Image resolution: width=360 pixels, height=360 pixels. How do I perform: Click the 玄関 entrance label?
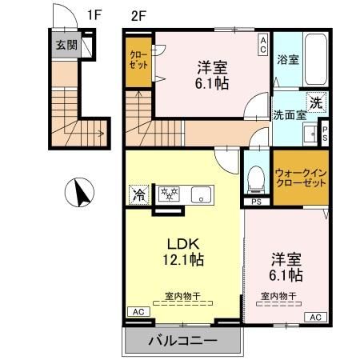66,45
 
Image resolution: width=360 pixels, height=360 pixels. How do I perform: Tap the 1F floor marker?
95,14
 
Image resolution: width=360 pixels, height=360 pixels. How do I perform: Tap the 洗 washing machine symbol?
317,102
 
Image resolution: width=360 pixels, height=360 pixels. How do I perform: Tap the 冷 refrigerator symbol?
139,194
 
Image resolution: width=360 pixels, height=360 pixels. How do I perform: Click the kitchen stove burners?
170,194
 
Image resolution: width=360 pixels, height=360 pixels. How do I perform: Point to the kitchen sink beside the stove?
200,194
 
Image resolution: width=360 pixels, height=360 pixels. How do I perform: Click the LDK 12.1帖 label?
184,250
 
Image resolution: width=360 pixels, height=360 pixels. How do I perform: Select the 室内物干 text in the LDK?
182,296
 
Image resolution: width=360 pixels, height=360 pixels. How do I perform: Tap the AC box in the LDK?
136,311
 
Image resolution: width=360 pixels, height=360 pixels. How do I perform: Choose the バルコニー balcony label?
182,342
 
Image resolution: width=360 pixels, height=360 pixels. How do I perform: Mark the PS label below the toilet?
257,201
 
